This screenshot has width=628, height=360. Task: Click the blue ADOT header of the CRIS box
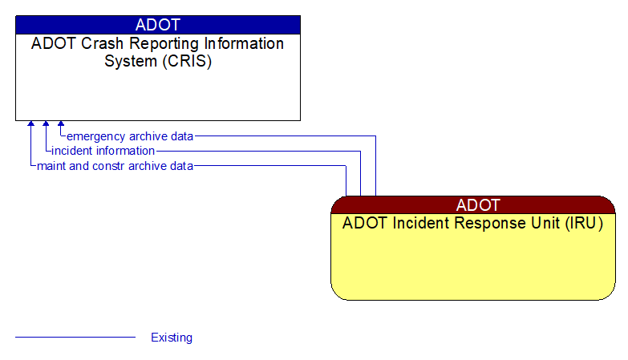158,24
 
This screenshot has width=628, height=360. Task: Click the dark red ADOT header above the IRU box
473,204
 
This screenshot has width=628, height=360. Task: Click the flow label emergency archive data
130,136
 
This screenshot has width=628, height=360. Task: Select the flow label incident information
103,151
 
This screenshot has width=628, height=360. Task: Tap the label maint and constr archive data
115,166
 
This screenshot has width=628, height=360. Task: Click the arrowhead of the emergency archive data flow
61,125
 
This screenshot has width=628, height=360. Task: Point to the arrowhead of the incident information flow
46,125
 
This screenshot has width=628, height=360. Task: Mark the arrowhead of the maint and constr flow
30,125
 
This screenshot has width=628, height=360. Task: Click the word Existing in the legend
172,338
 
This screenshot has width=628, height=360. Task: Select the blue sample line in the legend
75,338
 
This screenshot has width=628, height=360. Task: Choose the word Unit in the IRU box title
533,224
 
